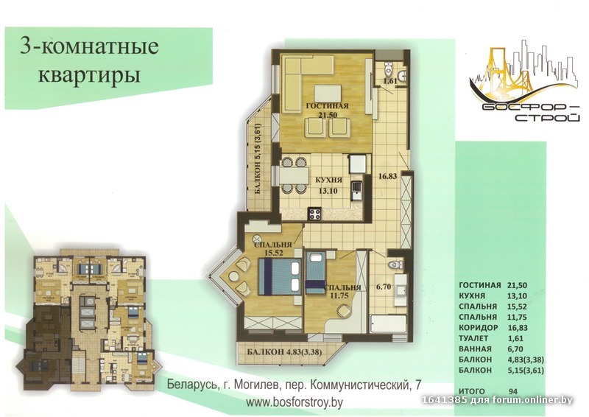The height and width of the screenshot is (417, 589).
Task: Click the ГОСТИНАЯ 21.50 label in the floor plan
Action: pyautogui.click(x=327, y=111)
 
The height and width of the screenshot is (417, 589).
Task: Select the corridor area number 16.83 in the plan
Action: pyautogui.click(x=388, y=175)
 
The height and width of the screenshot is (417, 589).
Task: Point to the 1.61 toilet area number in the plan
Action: pyautogui.click(x=390, y=80)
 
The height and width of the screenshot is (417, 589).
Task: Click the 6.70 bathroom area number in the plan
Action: pyautogui.click(x=384, y=287)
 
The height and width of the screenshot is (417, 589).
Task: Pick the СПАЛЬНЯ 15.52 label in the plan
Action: pyautogui.click(x=273, y=248)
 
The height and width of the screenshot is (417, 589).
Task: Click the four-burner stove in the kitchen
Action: pyautogui.click(x=315, y=214)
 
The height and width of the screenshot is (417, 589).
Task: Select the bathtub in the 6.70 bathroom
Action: pyautogui.click(x=389, y=324)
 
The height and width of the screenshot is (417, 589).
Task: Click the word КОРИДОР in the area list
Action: pyautogui.click(x=478, y=328)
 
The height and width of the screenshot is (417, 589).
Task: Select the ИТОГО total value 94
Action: pyautogui.click(x=512, y=391)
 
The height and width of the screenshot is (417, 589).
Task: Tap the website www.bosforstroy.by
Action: pyautogui.click(x=294, y=403)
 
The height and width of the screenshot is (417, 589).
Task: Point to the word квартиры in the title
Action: pyautogui.click(x=89, y=74)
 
